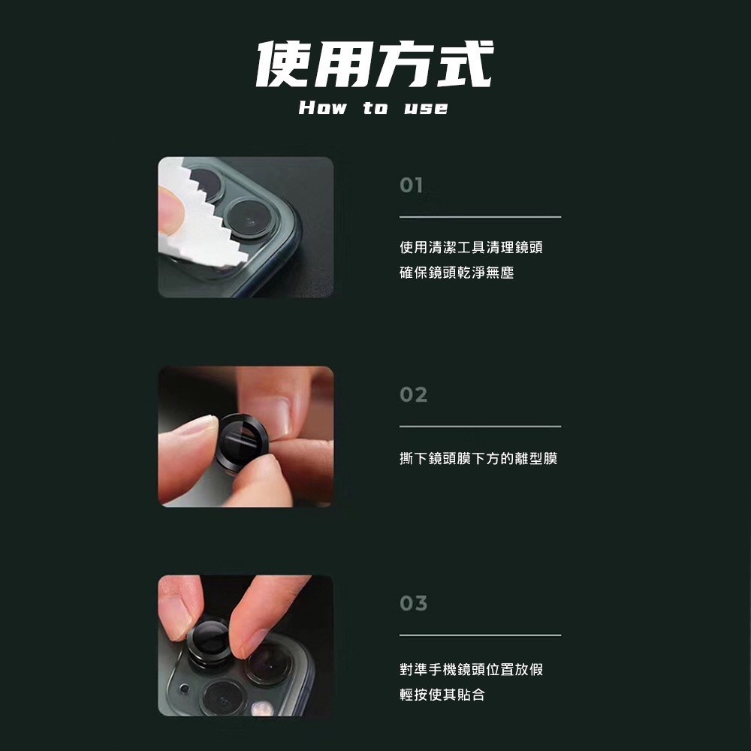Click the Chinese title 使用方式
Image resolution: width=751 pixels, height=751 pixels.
click(x=375, y=64)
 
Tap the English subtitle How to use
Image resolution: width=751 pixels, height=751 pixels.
click(x=373, y=107)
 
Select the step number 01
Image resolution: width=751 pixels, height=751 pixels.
click(x=411, y=185)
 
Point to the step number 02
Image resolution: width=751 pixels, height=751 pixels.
click(x=413, y=395)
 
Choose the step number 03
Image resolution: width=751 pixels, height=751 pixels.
click(x=413, y=604)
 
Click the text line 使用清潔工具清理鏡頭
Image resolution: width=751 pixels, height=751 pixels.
click(x=471, y=247)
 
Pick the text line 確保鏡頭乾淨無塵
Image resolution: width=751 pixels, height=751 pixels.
click(x=457, y=273)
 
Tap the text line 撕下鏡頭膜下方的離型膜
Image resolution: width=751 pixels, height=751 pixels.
click(x=478, y=458)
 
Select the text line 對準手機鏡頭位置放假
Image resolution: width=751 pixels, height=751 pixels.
click(x=472, y=669)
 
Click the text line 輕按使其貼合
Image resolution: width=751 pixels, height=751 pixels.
click(x=442, y=695)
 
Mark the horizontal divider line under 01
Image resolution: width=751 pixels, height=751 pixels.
click(x=480, y=217)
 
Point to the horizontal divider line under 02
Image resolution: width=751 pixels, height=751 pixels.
click(x=480, y=427)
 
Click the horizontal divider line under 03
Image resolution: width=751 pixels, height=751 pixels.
click(x=480, y=635)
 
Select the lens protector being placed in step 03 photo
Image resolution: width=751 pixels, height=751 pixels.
click(x=210, y=641)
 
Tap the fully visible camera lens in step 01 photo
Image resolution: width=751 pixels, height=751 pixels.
click(x=249, y=216)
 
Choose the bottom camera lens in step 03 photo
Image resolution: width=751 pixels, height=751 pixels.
click(x=223, y=698)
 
